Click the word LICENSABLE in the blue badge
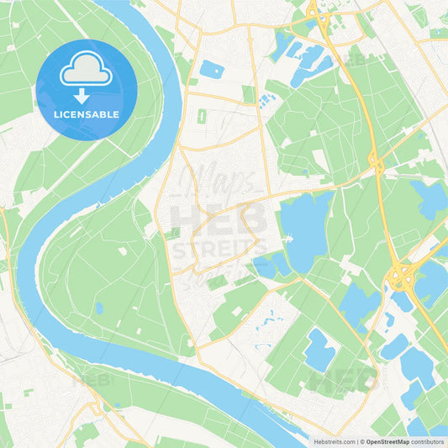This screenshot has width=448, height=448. pyautogui.click(x=87, y=114)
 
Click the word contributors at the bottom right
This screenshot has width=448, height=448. pyautogui.click(x=429, y=440)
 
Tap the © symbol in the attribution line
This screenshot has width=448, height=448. pyautogui.click(x=361, y=440)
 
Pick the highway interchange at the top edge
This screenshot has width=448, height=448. pyautogui.click(x=318, y=14)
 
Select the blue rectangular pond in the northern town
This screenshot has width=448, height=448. pyautogui.click(x=211, y=69)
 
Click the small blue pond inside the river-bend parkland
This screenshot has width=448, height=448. pyautogui.click(x=99, y=308)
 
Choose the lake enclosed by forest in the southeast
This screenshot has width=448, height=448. pyautogui.click(x=319, y=350)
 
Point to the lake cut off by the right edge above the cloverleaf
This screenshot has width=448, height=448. pyautogui.click(x=432, y=199)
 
